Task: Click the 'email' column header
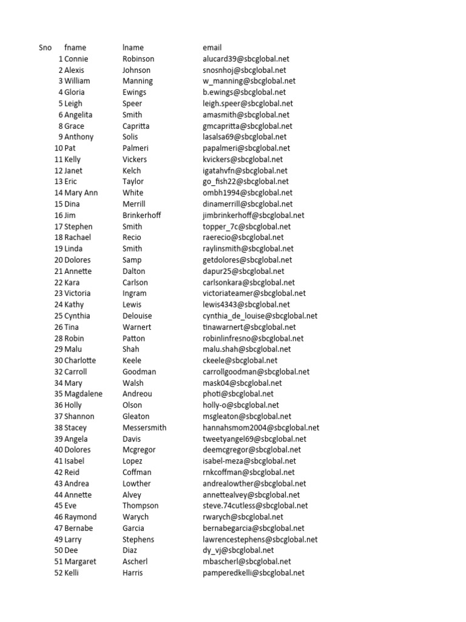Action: [x=212, y=47]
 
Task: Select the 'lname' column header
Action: [x=133, y=47]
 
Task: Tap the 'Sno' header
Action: [x=45, y=47]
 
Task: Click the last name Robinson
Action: [x=138, y=59]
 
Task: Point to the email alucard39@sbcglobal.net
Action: [x=248, y=59]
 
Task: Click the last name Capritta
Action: [x=136, y=126]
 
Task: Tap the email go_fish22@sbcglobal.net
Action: [x=246, y=182]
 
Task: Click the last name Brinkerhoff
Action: [x=142, y=215]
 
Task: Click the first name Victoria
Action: [x=78, y=293]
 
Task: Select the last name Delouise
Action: [x=137, y=316]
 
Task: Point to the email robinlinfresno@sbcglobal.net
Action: [x=253, y=338]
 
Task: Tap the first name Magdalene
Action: [x=84, y=394]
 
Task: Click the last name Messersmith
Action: [x=144, y=428]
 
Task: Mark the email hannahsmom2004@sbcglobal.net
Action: [x=261, y=428]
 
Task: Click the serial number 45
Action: [x=58, y=505]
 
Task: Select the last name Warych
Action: [x=135, y=517]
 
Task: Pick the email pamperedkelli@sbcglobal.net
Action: [x=254, y=573]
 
